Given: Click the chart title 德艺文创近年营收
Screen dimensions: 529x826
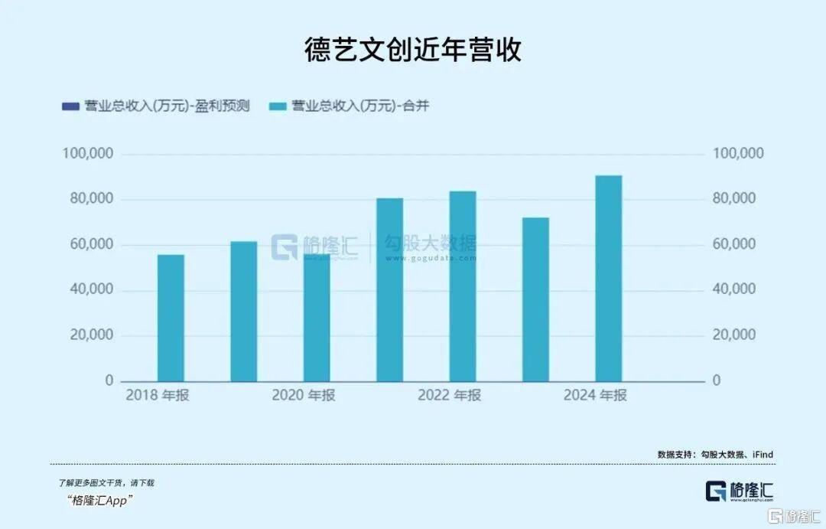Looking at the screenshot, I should [413, 51].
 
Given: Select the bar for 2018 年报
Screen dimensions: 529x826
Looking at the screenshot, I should [171, 318].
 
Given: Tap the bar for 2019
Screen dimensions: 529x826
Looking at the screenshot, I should [244, 312].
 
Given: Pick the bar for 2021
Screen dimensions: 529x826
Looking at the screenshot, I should [389, 289].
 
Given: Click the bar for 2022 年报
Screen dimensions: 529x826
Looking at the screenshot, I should [463, 286].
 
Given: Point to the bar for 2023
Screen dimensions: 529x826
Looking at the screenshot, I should [535, 299].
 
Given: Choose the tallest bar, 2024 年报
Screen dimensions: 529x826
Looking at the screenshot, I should [609, 279].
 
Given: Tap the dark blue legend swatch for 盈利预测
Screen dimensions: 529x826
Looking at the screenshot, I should [70, 106].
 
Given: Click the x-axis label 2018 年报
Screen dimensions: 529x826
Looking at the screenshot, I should [158, 396].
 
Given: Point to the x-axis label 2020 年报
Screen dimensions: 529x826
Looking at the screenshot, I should [304, 396].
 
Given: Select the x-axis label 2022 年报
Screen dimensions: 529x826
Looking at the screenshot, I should [449, 396].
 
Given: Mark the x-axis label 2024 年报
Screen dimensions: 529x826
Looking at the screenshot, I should [595, 396].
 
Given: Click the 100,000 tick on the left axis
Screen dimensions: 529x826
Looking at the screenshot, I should [87, 154].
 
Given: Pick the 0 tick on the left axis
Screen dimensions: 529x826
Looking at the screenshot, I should [109, 380].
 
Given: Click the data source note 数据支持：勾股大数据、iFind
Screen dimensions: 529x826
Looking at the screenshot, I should [715, 454].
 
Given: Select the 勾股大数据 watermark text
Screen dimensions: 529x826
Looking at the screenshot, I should [431, 244].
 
